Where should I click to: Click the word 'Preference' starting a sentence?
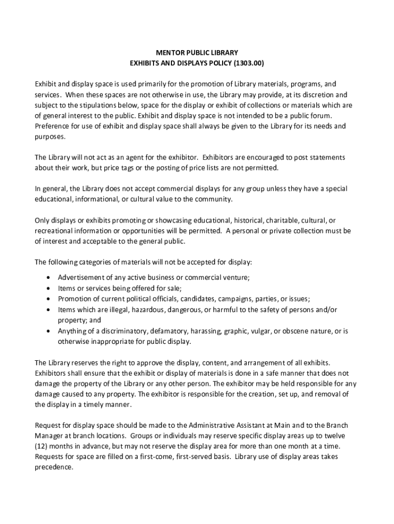pos(52,126)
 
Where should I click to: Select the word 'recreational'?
pos(54,230)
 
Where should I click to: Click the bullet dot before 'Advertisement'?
pos(48,278)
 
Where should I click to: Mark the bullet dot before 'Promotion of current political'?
pos(48,299)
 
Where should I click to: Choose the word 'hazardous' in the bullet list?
pos(150,310)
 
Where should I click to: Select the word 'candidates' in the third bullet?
pos(198,299)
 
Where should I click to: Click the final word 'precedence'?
pos(54,467)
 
